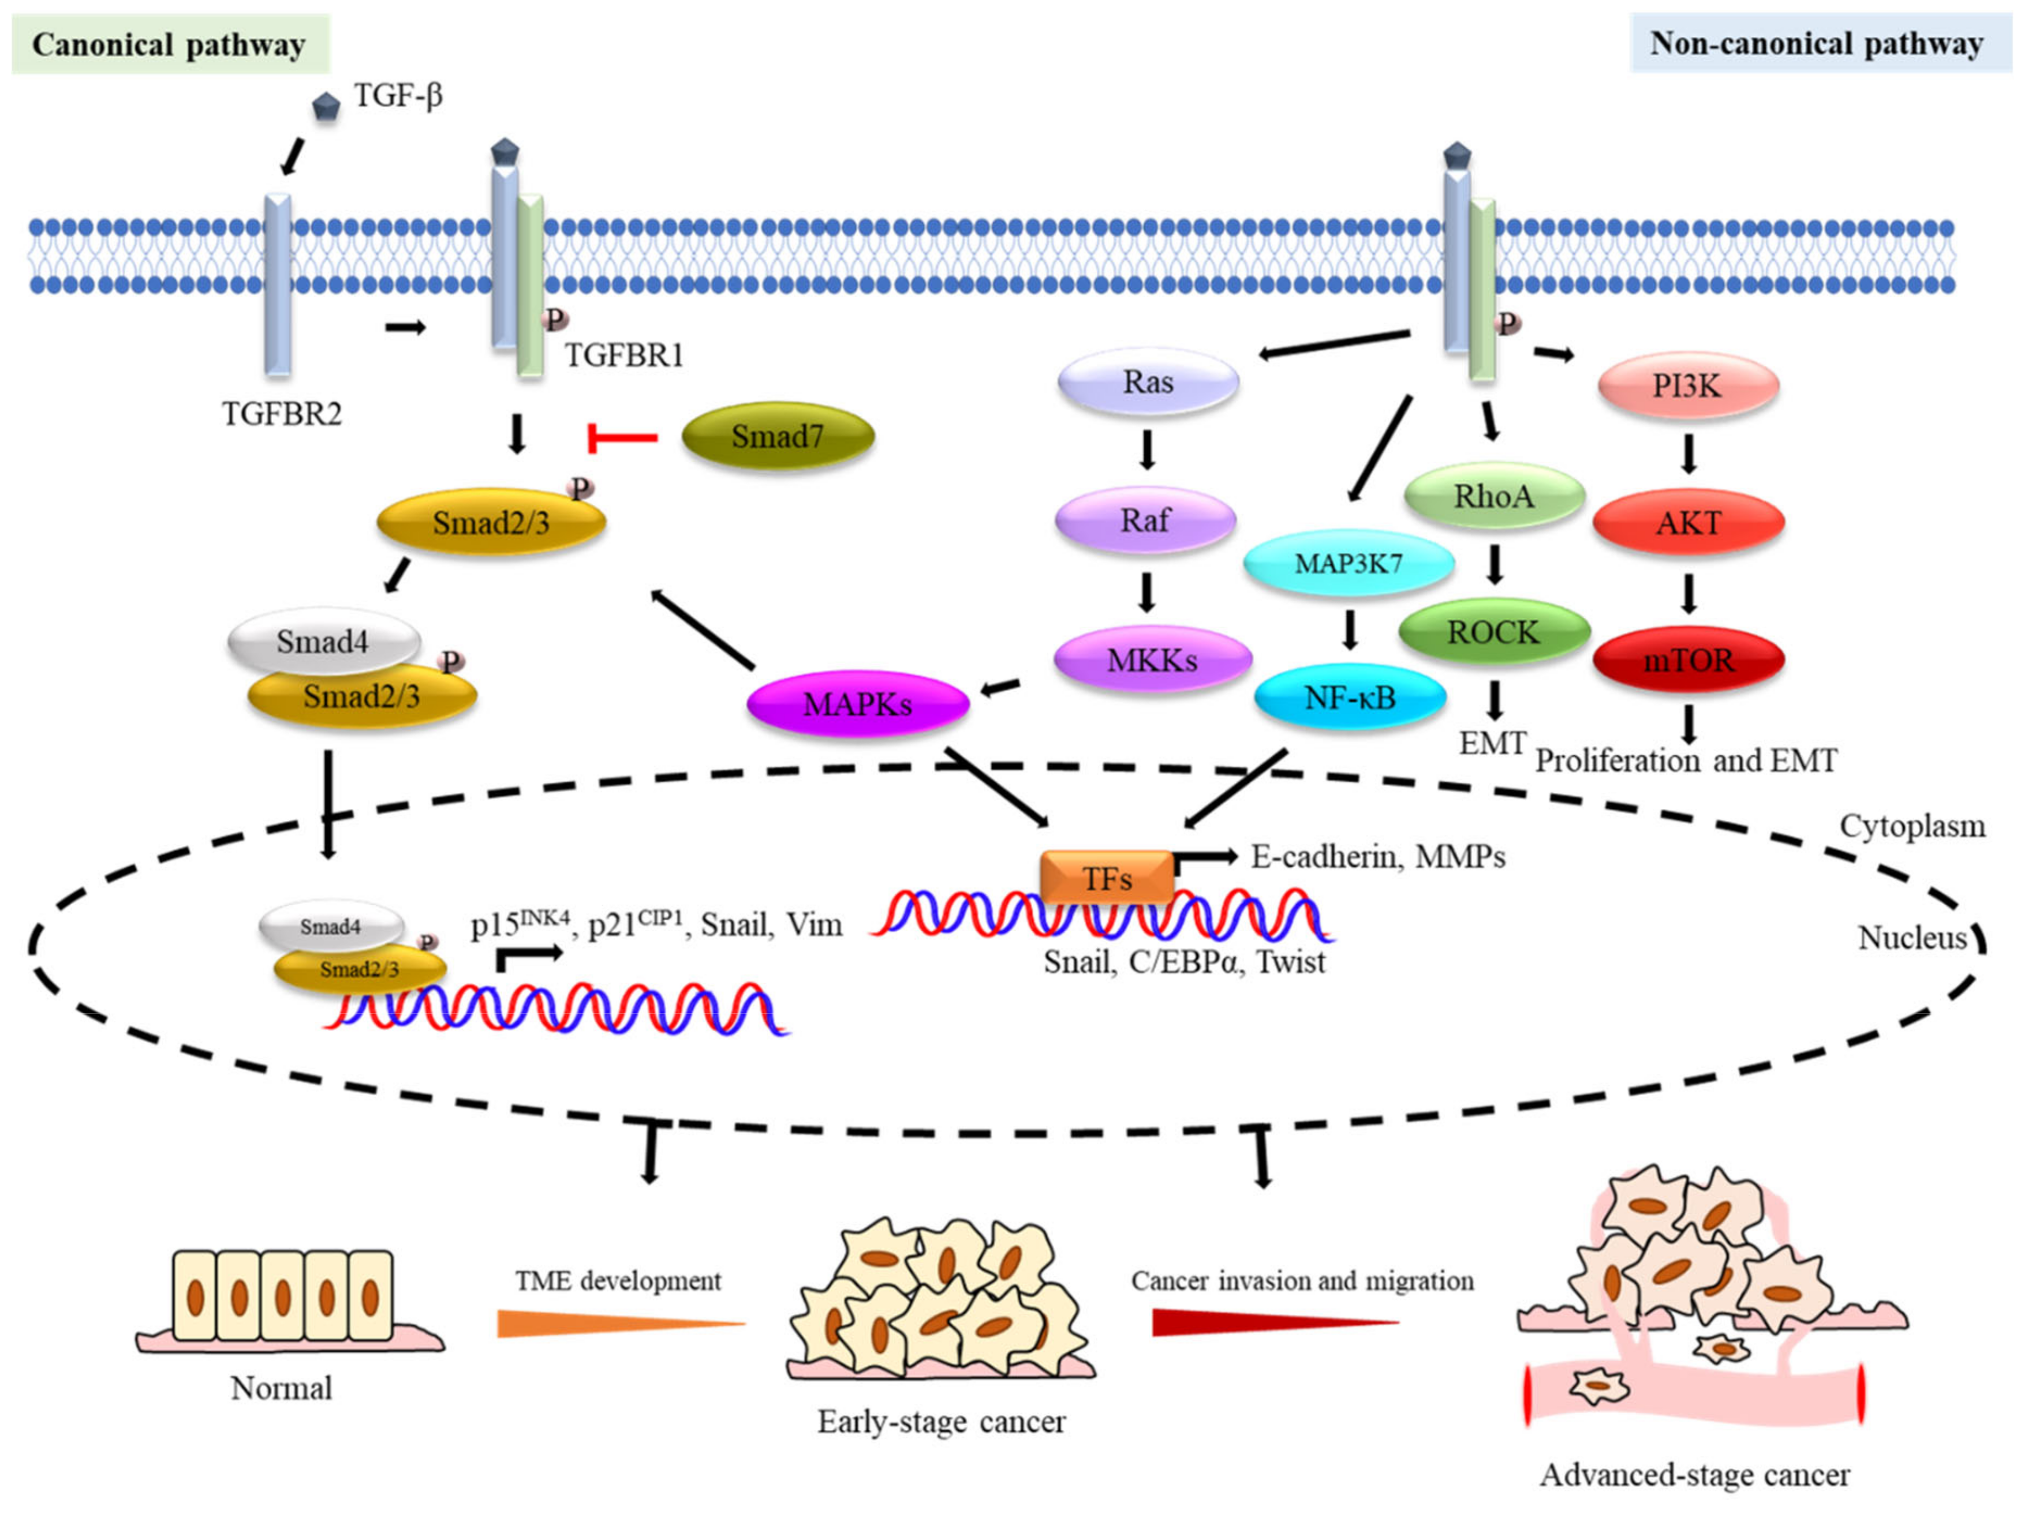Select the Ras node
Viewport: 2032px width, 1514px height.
[1148, 381]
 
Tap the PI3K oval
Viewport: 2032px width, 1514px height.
[1688, 386]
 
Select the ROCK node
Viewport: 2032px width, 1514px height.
[1494, 632]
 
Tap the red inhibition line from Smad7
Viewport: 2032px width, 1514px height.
[623, 438]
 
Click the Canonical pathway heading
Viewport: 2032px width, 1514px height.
[170, 44]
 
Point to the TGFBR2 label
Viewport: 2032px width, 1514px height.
[282, 414]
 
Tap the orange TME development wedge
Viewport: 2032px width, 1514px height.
[621, 1322]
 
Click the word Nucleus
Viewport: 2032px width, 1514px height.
[1912, 938]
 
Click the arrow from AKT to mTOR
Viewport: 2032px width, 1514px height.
[1688, 593]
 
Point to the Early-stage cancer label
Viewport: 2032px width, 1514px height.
[942, 1422]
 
